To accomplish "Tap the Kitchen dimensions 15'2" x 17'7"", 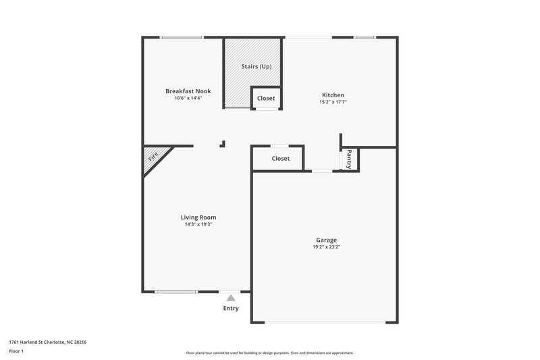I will click(x=333, y=103).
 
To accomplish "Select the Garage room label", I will click(x=326, y=240).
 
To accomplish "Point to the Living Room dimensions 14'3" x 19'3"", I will click(x=198, y=224).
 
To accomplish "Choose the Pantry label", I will click(x=349, y=159).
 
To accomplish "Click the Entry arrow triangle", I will click(x=231, y=297).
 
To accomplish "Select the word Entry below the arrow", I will click(x=231, y=309).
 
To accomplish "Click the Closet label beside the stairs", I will click(x=266, y=98).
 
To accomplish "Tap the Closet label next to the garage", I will click(x=280, y=158).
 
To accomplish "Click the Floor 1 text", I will click(x=17, y=351).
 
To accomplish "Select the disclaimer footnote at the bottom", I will click(x=270, y=353).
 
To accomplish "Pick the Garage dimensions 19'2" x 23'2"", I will click(x=326, y=247).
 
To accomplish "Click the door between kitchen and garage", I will click(x=321, y=172).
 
